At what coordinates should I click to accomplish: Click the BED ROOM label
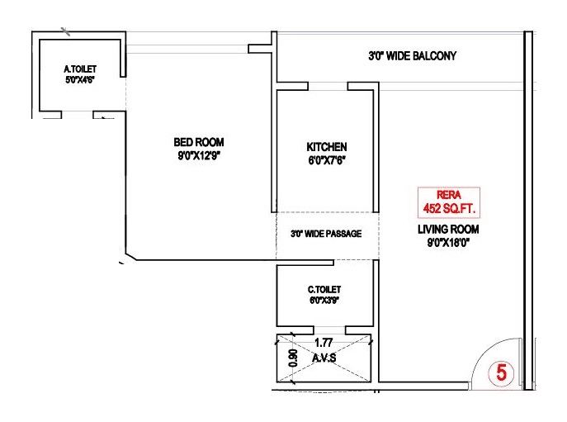click(x=198, y=141)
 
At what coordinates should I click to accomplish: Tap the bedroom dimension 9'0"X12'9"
click(x=198, y=154)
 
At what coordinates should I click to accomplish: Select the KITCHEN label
click(x=326, y=147)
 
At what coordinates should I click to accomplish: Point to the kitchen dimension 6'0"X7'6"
click(x=326, y=161)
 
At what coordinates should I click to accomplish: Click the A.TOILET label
click(x=81, y=69)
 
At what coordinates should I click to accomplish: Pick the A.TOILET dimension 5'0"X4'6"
click(x=81, y=80)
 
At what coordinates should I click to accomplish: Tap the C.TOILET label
click(x=324, y=289)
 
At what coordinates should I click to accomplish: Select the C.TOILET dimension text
click(x=324, y=301)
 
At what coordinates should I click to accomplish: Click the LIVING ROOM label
click(x=448, y=230)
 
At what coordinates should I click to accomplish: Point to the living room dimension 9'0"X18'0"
click(x=448, y=243)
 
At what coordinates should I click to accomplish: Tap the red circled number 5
click(x=500, y=373)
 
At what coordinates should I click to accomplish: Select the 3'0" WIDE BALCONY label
click(x=412, y=57)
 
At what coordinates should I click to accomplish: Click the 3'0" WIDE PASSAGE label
click(x=326, y=234)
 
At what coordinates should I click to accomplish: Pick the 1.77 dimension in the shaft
click(x=324, y=340)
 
